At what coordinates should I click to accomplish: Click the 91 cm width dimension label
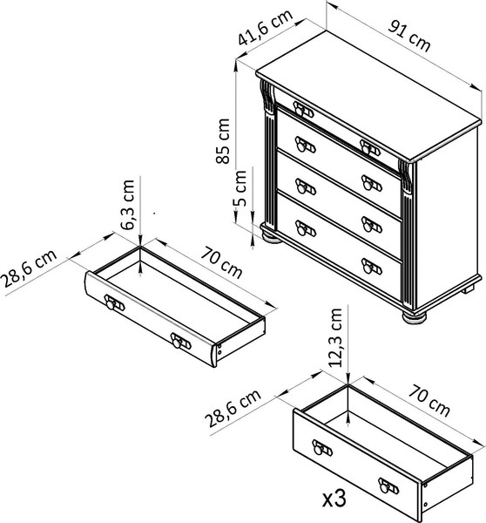point(409,36)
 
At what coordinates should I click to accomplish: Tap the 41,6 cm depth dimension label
point(266,27)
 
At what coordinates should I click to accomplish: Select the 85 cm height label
point(223,141)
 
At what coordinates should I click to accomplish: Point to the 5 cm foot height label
point(240,188)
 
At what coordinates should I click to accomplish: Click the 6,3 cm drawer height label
point(127,205)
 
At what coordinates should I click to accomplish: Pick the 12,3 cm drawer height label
point(335,337)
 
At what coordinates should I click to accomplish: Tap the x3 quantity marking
point(334,499)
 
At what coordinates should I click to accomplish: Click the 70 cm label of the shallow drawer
point(221,262)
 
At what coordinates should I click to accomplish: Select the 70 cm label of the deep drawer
point(429,400)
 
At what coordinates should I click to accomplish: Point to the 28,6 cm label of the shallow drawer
point(29,268)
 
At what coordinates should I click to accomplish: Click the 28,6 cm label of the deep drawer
point(233,408)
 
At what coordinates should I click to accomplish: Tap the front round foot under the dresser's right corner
point(415,317)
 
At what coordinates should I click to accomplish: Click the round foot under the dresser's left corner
point(271,237)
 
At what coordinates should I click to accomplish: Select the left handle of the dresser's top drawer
point(303,109)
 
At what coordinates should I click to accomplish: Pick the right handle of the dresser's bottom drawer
point(372,267)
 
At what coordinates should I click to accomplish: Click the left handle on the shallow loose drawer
point(114,302)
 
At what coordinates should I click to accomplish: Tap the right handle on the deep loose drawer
point(388,486)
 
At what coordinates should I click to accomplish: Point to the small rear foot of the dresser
point(468,289)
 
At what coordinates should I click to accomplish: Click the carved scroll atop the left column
point(267,94)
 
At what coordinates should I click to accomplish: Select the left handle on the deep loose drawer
point(322,448)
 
